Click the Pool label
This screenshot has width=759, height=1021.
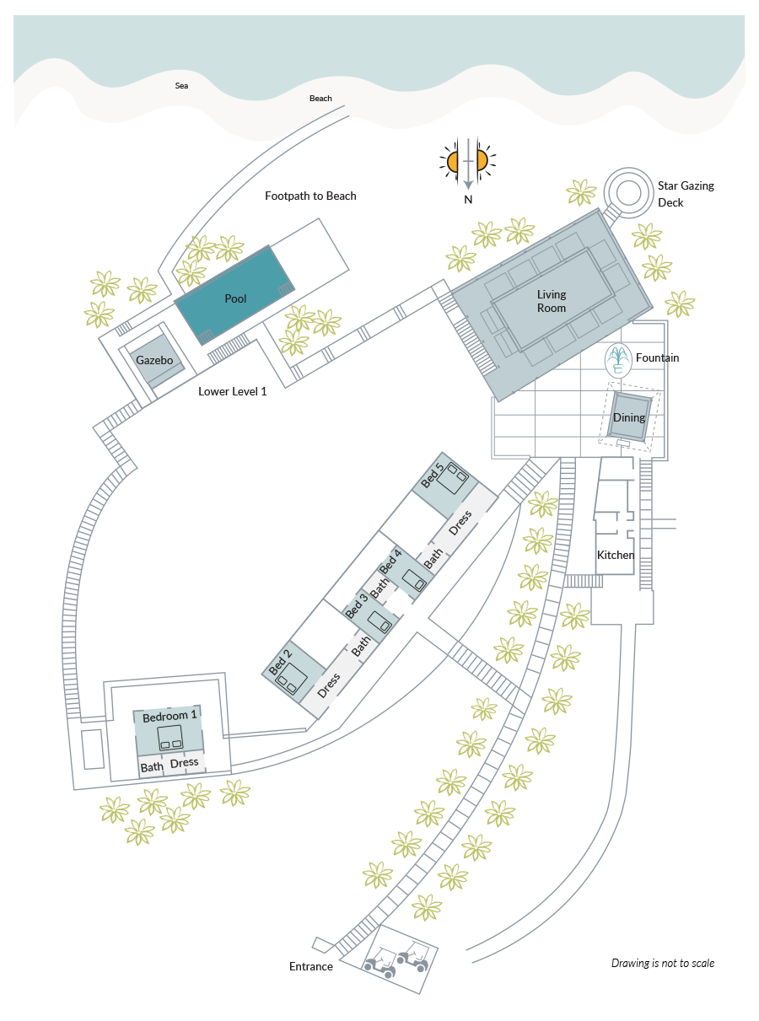tap(235, 298)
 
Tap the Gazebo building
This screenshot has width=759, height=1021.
tap(157, 361)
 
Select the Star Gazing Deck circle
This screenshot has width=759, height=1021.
tap(628, 192)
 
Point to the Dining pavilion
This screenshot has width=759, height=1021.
tap(629, 417)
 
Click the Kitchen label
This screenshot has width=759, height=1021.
tap(616, 555)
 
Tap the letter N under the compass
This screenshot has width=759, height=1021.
tap(468, 199)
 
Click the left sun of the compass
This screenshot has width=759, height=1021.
tap(451, 161)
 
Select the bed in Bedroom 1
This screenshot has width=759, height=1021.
tap(170, 738)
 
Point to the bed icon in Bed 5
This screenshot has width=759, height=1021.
tap(453, 478)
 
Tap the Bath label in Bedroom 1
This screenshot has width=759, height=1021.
tap(152, 767)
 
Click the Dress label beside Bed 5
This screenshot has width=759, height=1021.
tap(460, 523)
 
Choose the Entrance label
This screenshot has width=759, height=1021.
tap(311, 967)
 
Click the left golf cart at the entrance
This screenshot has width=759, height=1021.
tap(380, 963)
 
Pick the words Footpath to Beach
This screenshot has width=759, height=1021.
tap(310, 196)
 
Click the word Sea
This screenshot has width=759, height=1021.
tap(181, 86)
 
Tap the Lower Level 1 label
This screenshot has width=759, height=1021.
tap(232, 392)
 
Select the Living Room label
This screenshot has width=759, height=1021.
tap(552, 301)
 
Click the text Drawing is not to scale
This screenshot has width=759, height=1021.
tap(663, 964)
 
